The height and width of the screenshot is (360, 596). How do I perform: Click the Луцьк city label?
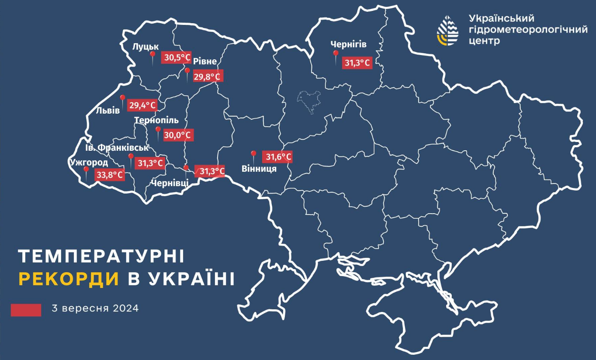[x=146, y=47]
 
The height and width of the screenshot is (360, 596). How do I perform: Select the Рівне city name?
[x=205, y=62]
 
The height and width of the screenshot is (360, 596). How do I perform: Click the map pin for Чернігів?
[x=336, y=55]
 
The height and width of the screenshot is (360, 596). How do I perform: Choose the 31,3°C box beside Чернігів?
[x=357, y=63]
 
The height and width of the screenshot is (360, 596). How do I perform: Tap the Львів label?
[x=108, y=111]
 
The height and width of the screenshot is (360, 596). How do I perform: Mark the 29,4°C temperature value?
[x=142, y=105]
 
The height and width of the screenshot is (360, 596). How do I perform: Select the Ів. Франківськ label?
[x=117, y=148]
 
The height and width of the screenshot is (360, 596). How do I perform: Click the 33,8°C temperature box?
[x=110, y=175]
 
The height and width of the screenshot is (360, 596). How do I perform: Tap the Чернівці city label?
[x=170, y=183]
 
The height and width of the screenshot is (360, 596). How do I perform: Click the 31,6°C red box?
[x=277, y=156]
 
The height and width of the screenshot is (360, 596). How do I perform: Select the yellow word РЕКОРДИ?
[x=69, y=279]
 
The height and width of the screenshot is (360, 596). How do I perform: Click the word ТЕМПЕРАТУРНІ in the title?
[x=102, y=257]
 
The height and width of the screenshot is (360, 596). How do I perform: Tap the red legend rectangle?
[x=26, y=310]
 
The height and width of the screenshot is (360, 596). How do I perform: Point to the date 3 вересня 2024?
[x=95, y=308]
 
